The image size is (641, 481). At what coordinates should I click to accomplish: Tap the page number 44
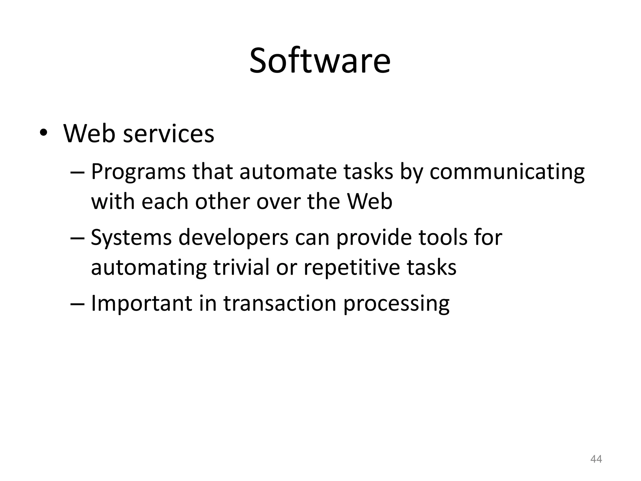click(x=596, y=459)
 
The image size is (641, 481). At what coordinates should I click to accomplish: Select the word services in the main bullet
click(x=169, y=134)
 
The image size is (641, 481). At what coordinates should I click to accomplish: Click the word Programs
click(x=138, y=173)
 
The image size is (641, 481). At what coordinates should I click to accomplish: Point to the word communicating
click(x=507, y=173)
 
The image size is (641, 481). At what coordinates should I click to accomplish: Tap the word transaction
click(x=279, y=303)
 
